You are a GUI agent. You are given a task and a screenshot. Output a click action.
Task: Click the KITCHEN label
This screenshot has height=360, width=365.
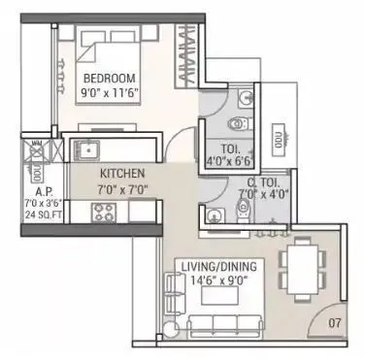coord(121,173)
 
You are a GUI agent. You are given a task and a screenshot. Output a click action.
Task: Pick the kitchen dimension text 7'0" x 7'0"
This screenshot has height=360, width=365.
coord(121,187)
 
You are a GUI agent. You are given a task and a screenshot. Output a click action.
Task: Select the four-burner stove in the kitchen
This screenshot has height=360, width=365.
coord(102,212)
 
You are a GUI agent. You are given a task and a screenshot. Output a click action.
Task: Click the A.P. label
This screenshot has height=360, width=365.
coord(42,191)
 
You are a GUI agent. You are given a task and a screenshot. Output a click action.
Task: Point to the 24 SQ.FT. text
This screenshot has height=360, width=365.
coord(42,214)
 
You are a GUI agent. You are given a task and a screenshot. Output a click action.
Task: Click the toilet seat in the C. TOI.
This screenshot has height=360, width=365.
coord(244,207)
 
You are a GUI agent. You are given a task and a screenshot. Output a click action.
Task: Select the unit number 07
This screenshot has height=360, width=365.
coord(333,321)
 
